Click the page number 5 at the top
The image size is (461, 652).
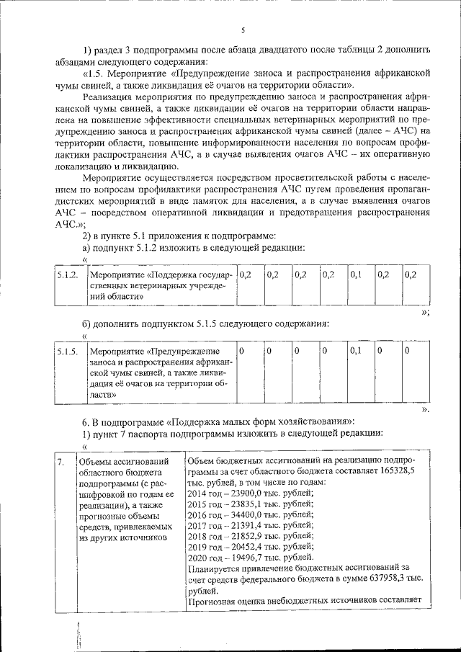point(243,30)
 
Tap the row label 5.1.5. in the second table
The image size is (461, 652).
point(67,351)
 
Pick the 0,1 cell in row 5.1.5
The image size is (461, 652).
point(354,351)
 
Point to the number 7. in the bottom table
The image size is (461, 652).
point(62,461)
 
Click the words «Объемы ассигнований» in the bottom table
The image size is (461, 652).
point(123,462)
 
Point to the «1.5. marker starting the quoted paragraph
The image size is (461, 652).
point(95,73)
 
